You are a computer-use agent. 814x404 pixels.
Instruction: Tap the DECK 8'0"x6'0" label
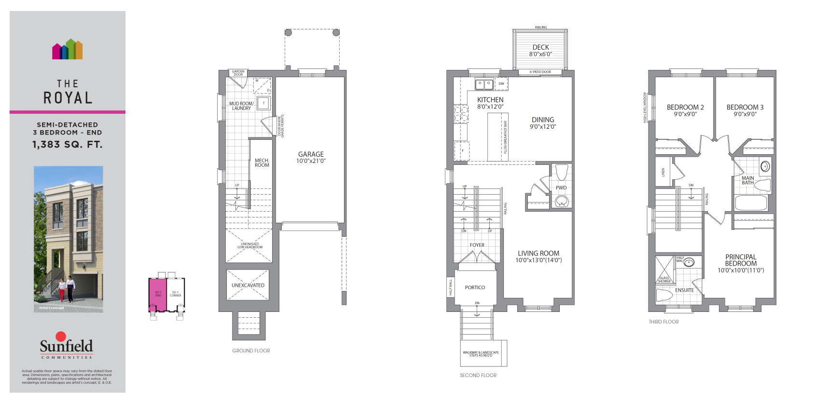[x=540, y=50]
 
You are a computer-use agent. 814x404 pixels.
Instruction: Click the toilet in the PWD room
[x=561, y=172]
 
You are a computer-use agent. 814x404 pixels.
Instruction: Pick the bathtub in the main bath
[x=751, y=202]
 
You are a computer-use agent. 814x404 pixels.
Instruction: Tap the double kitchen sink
[x=484, y=84]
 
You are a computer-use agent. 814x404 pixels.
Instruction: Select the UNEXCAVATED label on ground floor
[x=248, y=285]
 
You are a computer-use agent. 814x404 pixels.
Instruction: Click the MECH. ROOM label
[x=262, y=162]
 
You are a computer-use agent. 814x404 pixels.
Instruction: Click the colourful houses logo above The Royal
[x=68, y=49]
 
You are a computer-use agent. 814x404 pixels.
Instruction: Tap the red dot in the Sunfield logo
[x=61, y=336]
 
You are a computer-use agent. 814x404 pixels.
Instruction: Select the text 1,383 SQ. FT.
[x=68, y=144]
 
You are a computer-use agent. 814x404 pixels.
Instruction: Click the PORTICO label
[x=475, y=287]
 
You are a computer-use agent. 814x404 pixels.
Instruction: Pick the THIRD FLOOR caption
[x=663, y=322]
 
